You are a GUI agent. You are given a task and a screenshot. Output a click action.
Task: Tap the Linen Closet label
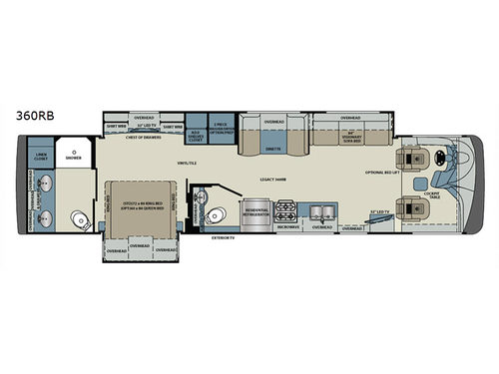(42, 157)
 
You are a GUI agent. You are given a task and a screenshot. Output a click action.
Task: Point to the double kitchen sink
(322, 211)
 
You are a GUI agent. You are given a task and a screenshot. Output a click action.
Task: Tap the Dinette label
(272, 149)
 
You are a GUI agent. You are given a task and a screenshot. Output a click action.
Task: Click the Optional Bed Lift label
(383, 173)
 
